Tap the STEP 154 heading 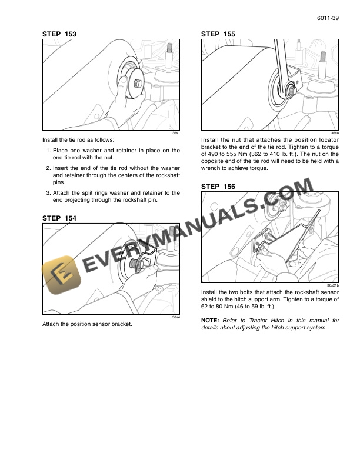(59, 218)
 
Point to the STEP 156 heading (218, 186)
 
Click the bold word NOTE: (210, 321)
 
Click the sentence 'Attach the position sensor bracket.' (87, 325)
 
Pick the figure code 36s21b (333, 286)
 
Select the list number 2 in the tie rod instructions (48, 168)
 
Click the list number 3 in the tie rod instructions (48, 192)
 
